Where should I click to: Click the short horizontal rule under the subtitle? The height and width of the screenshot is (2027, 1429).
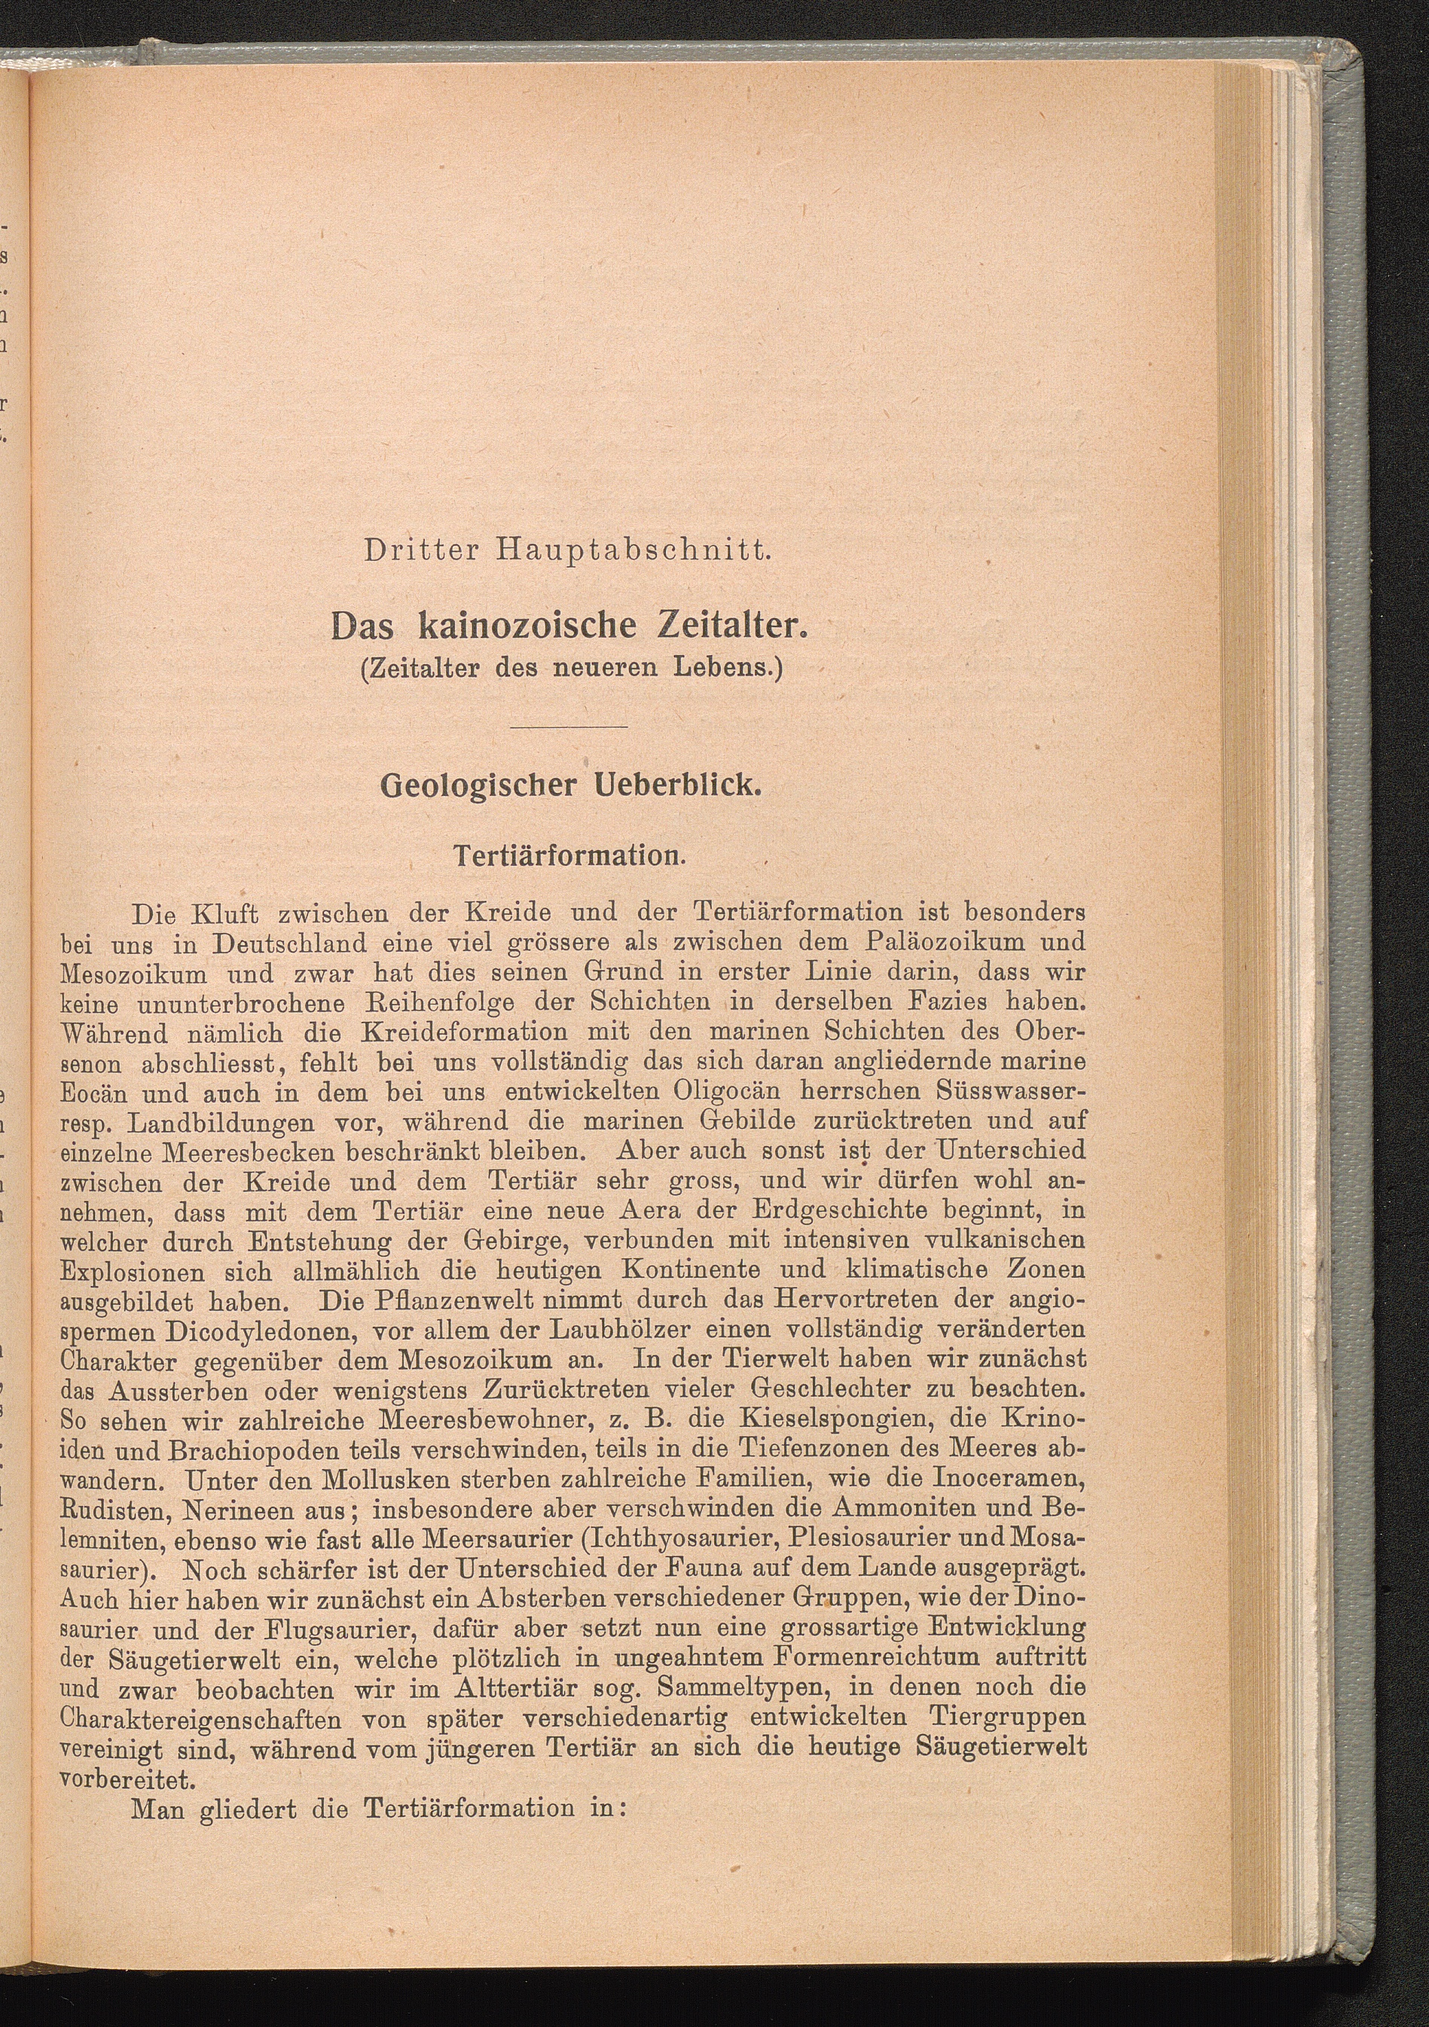click(x=569, y=727)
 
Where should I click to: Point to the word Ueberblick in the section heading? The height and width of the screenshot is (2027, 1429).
click(x=676, y=786)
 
